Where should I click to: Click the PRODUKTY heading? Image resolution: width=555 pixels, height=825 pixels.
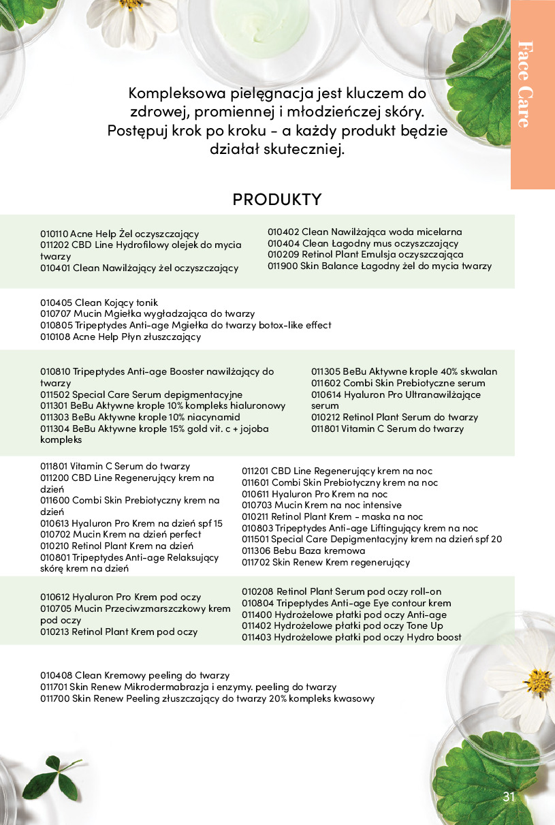click(276, 200)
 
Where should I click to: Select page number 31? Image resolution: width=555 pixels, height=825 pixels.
click(509, 798)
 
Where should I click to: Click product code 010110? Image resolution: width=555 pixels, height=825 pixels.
click(54, 234)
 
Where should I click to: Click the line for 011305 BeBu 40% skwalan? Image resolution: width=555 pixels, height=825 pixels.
click(404, 371)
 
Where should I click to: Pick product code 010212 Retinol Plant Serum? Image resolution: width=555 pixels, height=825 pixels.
click(326, 417)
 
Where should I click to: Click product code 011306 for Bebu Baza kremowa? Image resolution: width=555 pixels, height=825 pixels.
click(255, 550)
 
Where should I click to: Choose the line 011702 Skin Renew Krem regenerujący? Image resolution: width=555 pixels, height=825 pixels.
click(326, 562)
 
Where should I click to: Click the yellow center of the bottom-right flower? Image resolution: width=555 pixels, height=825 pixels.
click(538, 683)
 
